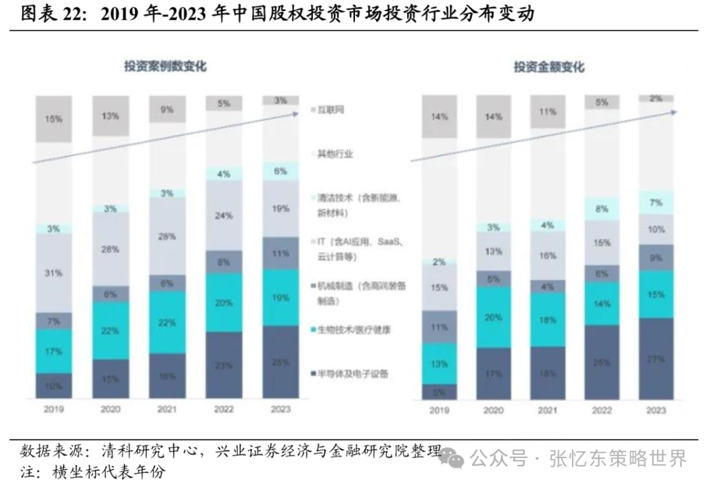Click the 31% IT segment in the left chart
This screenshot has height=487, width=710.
pos(54,273)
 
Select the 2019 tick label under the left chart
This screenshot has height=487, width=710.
pos(54,409)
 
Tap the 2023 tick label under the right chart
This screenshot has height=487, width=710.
pos(655,410)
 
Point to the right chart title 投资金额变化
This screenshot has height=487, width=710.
pos(549,67)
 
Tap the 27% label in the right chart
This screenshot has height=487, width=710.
pos(655,359)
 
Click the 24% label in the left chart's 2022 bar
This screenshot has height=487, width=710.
pos(224,215)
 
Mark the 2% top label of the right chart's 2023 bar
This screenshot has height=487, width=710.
pos(655,99)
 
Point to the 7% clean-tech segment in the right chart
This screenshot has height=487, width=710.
pos(655,202)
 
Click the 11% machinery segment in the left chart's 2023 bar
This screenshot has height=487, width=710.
pos(280,253)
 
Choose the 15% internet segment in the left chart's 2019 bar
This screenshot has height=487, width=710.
pos(54,119)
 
